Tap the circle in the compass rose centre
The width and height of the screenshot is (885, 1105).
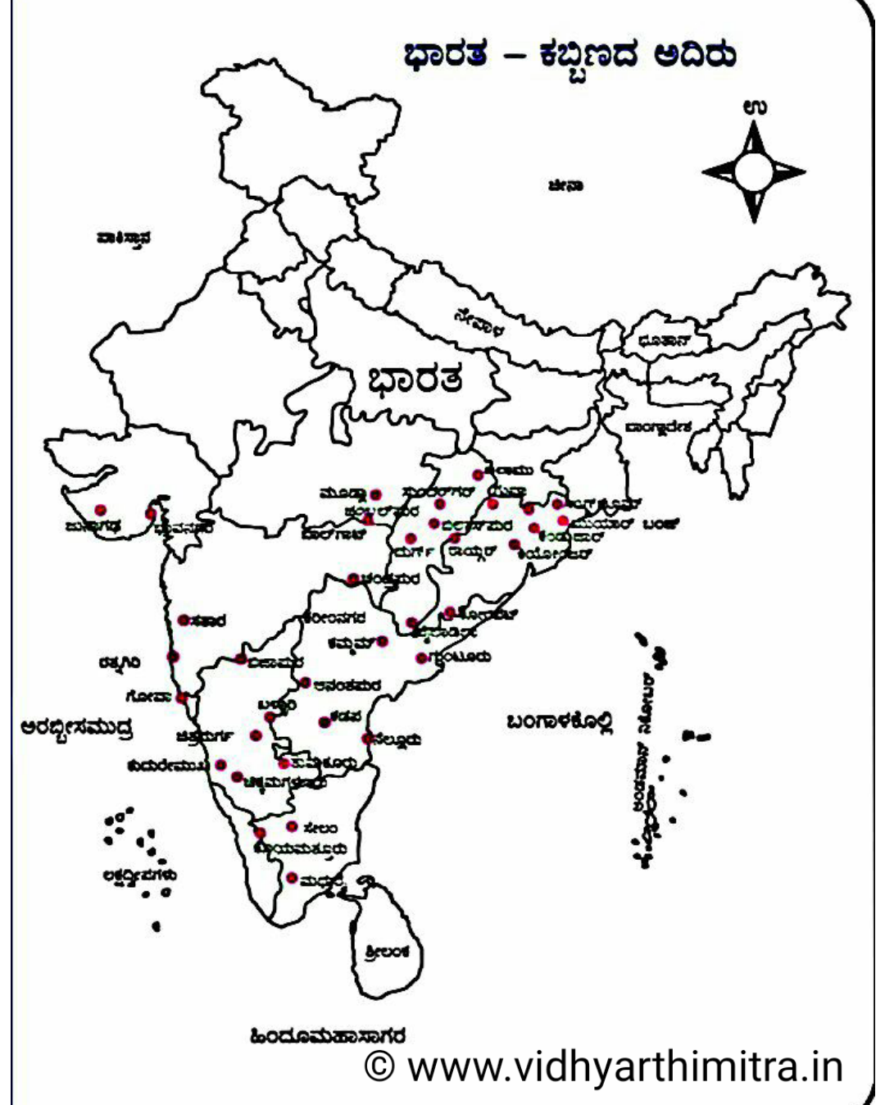click(754, 171)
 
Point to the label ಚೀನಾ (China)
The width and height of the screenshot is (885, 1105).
click(565, 187)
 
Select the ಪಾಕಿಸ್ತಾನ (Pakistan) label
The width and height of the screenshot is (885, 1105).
click(123, 239)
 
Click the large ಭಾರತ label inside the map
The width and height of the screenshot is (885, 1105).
click(415, 380)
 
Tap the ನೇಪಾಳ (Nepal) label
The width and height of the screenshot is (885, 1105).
click(480, 322)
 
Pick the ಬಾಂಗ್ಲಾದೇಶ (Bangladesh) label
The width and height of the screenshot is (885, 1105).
click(658, 427)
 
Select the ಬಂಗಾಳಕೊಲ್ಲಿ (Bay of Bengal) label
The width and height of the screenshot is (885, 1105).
click(559, 721)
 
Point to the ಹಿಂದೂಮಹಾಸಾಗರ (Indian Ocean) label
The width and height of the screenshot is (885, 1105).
click(328, 1036)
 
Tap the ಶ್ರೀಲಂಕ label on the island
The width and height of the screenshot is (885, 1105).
click(386, 953)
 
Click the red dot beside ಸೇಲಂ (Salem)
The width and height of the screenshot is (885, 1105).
click(292, 826)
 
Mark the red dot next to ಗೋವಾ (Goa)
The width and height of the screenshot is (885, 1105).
click(182, 698)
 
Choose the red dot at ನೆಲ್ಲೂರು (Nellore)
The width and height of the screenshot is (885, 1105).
click(368, 738)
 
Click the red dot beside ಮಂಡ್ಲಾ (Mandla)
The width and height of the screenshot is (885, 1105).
click(376, 494)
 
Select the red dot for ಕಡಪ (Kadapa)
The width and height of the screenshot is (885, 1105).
click(324, 722)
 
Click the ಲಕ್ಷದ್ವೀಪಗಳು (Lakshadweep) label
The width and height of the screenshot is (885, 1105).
click(139, 875)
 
